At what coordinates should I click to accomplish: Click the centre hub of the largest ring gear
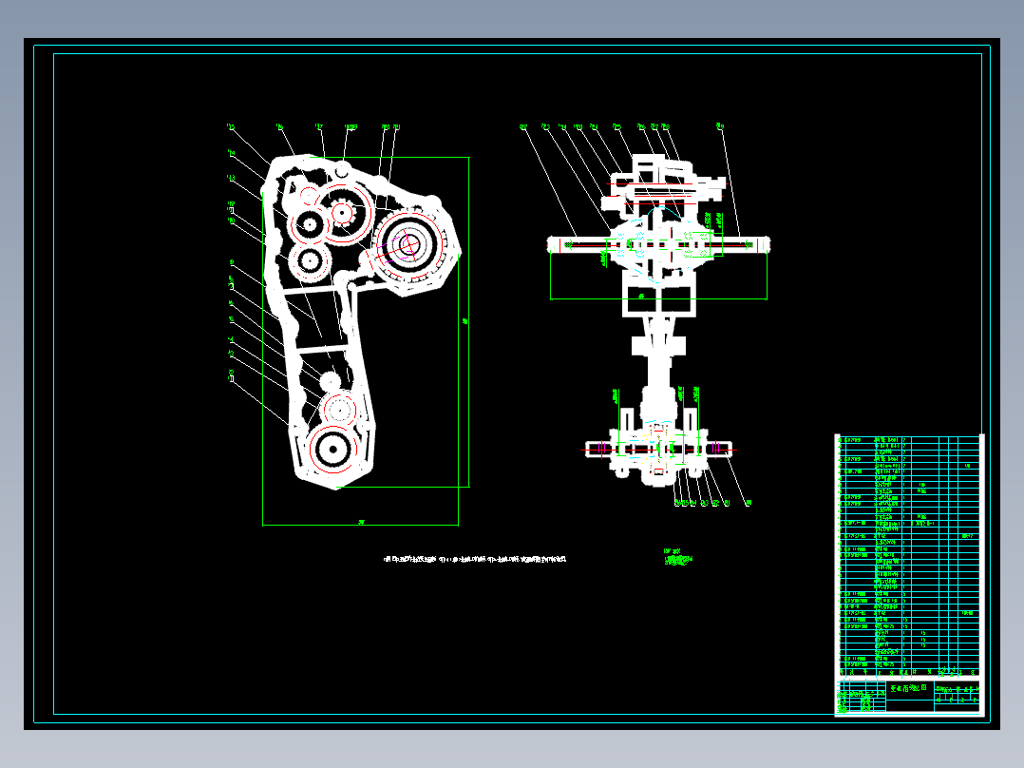click(408, 245)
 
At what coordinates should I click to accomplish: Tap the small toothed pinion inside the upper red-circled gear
click(343, 212)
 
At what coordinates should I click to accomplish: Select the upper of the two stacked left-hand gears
click(309, 225)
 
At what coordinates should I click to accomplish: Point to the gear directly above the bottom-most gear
click(339, 410)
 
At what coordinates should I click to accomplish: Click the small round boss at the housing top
click(342, 171)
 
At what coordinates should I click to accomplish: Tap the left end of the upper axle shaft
click(553, 244)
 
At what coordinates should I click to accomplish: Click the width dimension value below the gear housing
click(361, 521)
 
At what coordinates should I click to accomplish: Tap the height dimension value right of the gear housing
click(465, 321)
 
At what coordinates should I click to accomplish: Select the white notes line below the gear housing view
click(475, 559)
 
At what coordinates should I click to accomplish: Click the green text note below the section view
click(678, 559)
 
